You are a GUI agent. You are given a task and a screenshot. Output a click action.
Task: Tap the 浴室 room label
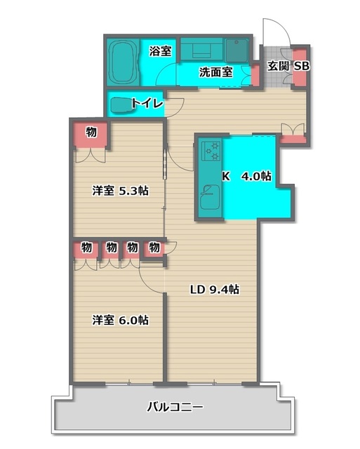point(161,51)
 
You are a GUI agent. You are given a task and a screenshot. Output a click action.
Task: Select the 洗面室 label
point(216,72)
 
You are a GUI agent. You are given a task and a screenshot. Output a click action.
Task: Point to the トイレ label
point(147,103)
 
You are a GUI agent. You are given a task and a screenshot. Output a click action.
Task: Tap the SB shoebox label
point(302,66)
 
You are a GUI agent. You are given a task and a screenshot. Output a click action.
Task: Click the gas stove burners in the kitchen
point(211,150)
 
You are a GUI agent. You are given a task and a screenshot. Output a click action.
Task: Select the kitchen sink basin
point(210,198)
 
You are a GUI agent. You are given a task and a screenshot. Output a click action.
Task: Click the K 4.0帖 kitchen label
point(247,176)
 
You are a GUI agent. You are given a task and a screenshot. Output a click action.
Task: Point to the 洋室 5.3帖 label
point(120,190)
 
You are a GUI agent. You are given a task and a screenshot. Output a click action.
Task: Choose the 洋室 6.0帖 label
point(120,320)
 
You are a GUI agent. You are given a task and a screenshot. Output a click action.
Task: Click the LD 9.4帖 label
point(215,289)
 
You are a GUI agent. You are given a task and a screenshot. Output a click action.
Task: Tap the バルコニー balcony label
point(175,407)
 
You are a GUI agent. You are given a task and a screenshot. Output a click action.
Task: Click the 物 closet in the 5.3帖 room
point(91,134)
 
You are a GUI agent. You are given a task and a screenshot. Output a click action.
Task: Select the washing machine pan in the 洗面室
point(236,50)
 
